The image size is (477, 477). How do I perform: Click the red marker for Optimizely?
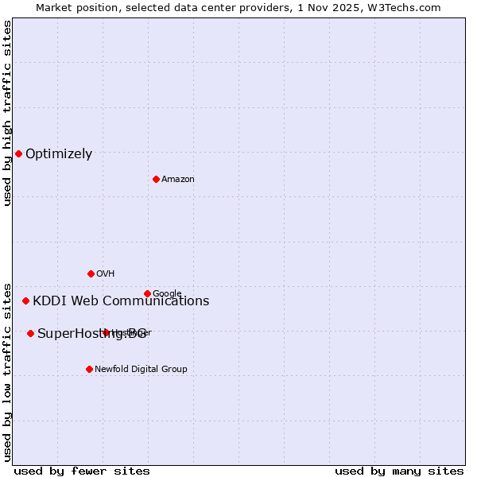click(x=18, y=153)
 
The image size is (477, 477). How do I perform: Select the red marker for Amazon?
click(x=156, y=179)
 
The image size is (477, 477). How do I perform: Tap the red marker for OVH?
click(x=91, y=273)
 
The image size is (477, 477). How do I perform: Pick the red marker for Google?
click(x=147, y=293)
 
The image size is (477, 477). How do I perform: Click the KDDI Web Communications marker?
click(x=25, y=301)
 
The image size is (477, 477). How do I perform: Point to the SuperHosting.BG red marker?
click(x=30, y=333)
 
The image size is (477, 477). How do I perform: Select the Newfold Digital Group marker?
click(x=89, y=369)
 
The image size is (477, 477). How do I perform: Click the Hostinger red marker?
click(x=106, y=332)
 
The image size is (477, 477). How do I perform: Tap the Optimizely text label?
click(x=59, y=154)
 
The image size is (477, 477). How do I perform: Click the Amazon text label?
click(x=178, y=180)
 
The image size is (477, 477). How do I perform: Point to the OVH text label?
click(x=106, y=274)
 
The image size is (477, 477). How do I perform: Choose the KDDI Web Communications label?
click(x=121, y=301)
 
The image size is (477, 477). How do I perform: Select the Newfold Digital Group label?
click(x=141, y=370)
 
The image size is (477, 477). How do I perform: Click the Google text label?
click(x=167, y=293)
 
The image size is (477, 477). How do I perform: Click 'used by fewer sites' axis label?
click(x=82, y=471)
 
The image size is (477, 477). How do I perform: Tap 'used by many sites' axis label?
click(x=399, y=471)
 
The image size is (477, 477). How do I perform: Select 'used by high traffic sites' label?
click(x=7, y=113)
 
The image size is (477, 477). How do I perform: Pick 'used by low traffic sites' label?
click(x=7, y=371)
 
